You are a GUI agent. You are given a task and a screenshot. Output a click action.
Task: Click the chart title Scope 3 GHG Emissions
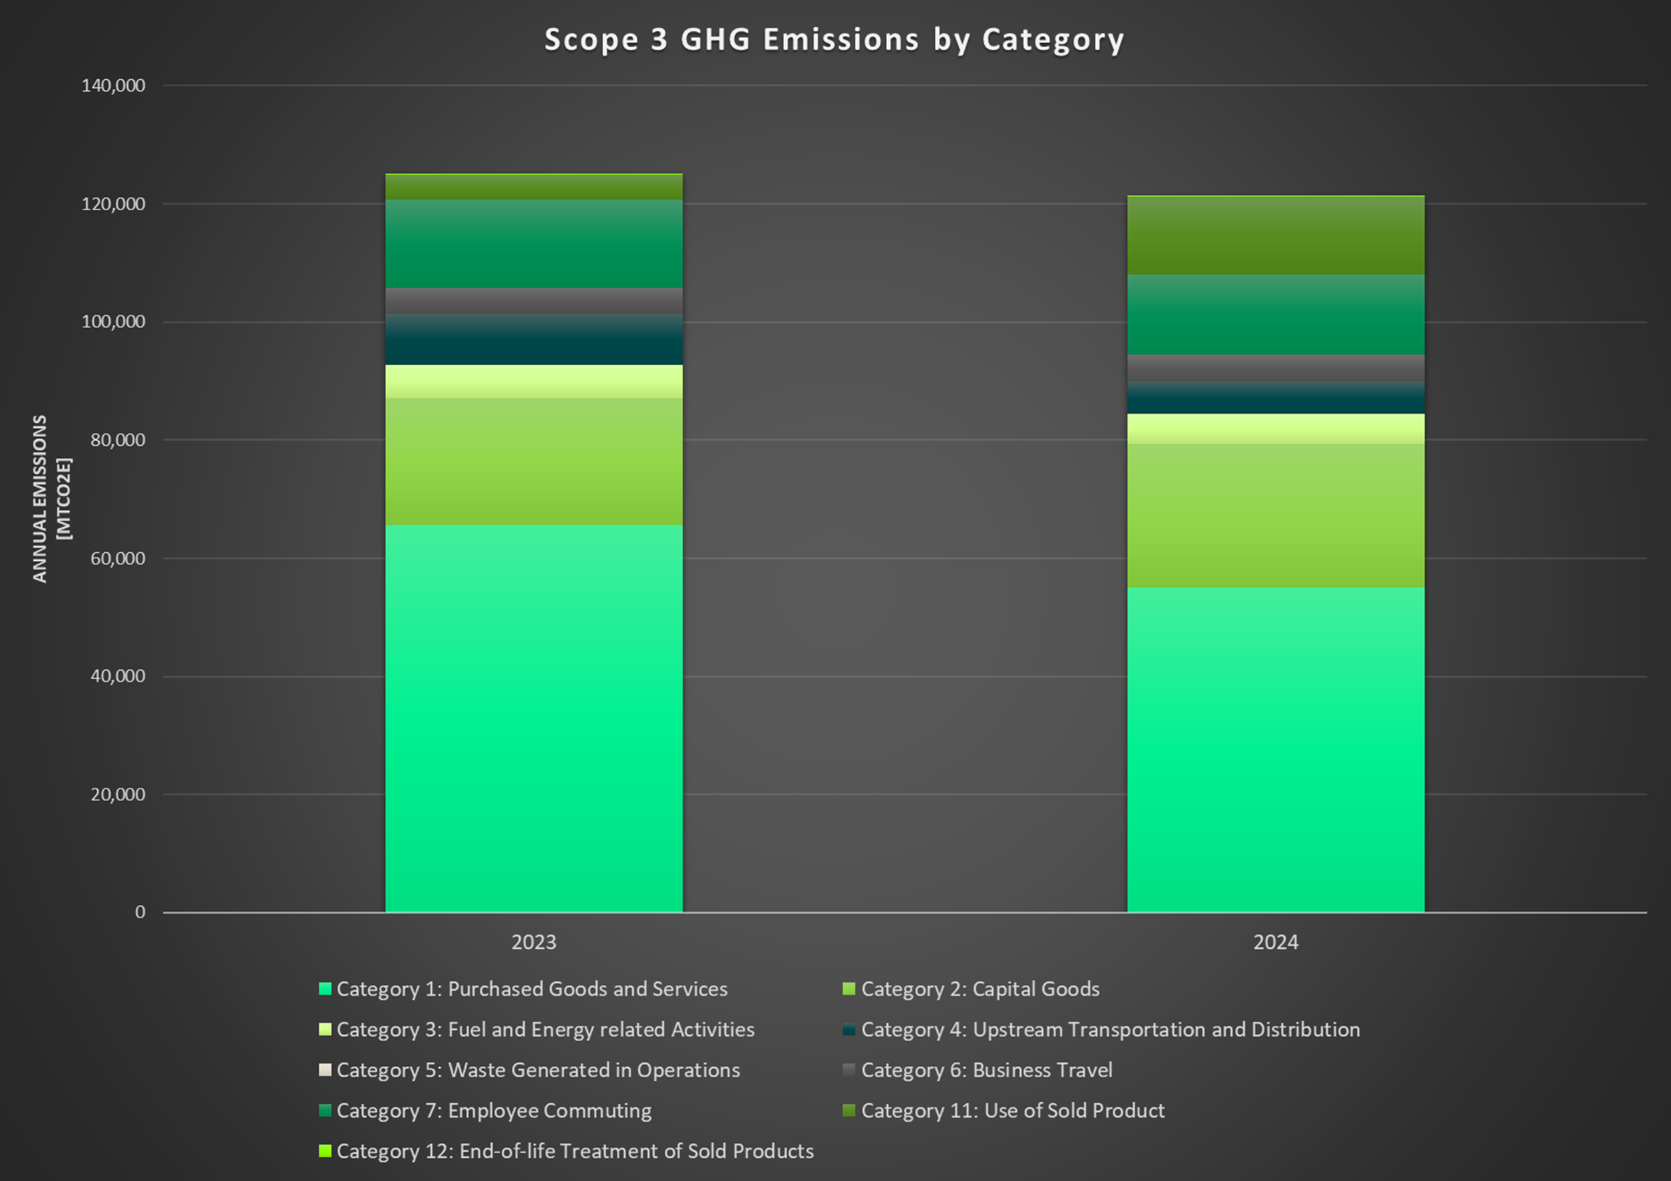(834, 39)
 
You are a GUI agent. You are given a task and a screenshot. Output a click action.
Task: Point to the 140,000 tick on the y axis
(113, 86)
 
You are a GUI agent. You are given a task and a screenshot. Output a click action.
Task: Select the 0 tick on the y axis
(140, 912)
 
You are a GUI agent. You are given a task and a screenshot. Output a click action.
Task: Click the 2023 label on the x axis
(534, 942)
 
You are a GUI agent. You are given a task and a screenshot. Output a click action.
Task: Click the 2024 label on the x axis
(1275, 942)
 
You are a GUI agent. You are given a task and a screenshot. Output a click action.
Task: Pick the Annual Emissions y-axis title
(51, 499)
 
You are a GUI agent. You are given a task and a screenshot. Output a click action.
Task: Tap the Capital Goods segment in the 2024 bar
(1275, 515)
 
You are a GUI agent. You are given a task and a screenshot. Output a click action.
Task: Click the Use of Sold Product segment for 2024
(1275, 235)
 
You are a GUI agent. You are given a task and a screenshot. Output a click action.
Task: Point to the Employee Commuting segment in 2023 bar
(534, 244)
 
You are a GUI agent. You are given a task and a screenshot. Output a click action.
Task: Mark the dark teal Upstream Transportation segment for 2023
(534, 340)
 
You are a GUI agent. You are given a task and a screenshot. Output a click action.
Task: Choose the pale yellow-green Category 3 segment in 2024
(1275, 428)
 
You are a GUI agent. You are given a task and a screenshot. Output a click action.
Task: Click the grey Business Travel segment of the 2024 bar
(1275, 368)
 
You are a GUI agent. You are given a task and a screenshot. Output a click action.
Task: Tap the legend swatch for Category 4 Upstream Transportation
(849, 1030)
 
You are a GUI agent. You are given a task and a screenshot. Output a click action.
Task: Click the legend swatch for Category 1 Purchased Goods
(325, 989)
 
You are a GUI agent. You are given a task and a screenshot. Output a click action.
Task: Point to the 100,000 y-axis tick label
(113, 321)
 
